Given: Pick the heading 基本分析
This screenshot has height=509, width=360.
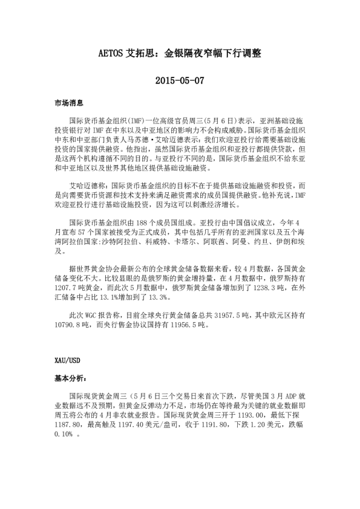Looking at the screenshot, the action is click(70, 378).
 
